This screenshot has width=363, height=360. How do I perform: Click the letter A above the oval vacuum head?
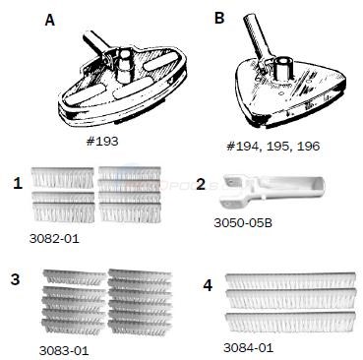[50, 20]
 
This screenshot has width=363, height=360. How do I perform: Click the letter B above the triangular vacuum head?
[219, 18]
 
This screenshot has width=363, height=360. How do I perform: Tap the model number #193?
[102, 142]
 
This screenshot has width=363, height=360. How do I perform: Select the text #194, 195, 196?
[273, 146]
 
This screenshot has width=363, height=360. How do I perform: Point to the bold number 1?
[18, 183]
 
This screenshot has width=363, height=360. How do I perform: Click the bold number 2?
[201, 185]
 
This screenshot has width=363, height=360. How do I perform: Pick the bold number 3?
[16, 279]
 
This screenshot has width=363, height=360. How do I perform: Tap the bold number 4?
[208, 286]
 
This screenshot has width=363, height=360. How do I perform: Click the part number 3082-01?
[54, 238]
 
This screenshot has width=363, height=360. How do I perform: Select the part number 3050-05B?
[243, 223]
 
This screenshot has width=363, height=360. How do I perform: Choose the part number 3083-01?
[64, 351]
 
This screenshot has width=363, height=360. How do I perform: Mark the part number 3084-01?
[248, 347]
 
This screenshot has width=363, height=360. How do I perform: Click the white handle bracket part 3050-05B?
[271, 191]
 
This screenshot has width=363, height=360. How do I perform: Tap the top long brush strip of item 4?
[290, 280]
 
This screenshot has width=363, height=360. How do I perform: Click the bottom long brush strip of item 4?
[290, 322]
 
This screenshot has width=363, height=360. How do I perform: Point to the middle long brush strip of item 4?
[290, 301]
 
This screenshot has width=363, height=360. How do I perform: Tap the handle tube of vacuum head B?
[258, 37]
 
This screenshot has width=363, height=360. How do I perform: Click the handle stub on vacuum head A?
[97, 42]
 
